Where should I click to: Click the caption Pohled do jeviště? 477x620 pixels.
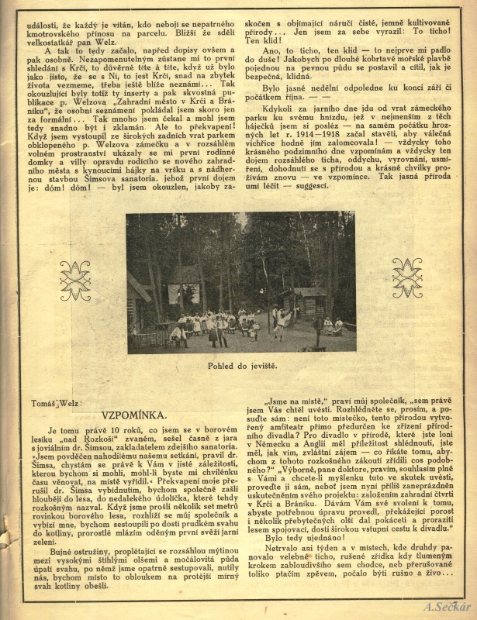(239, 367)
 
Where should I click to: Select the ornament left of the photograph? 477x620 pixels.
(75, 280)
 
